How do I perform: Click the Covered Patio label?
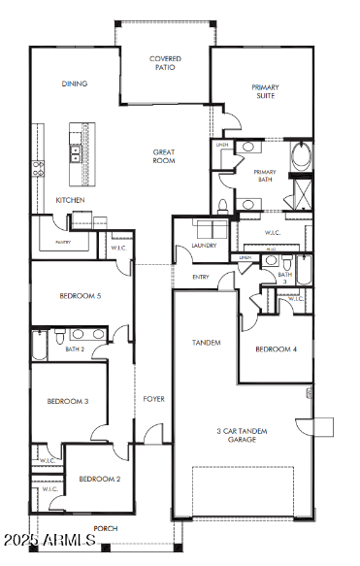click(x=165, y=63)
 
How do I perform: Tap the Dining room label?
click(x=75, y=83)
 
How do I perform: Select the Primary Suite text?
click(x=265, y=91)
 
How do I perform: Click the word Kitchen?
click(x=70, y=200)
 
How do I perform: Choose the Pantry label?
click(x=63, y=242)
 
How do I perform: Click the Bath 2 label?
click(x=76, y=348)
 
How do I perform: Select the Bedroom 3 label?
click(x=68, y=400)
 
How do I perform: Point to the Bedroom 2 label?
click(x=99, y=478)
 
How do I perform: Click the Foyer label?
click(x=153, y=399)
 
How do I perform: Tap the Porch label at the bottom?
click(x=106, y=529)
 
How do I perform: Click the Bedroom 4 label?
click(x=275, y=349)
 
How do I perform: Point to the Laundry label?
click(x=204, y=246)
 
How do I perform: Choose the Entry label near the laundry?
click(x=201, y=277)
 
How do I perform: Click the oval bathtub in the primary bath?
click(x=302, y=154)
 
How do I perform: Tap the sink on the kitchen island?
click(x=75, y=151)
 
